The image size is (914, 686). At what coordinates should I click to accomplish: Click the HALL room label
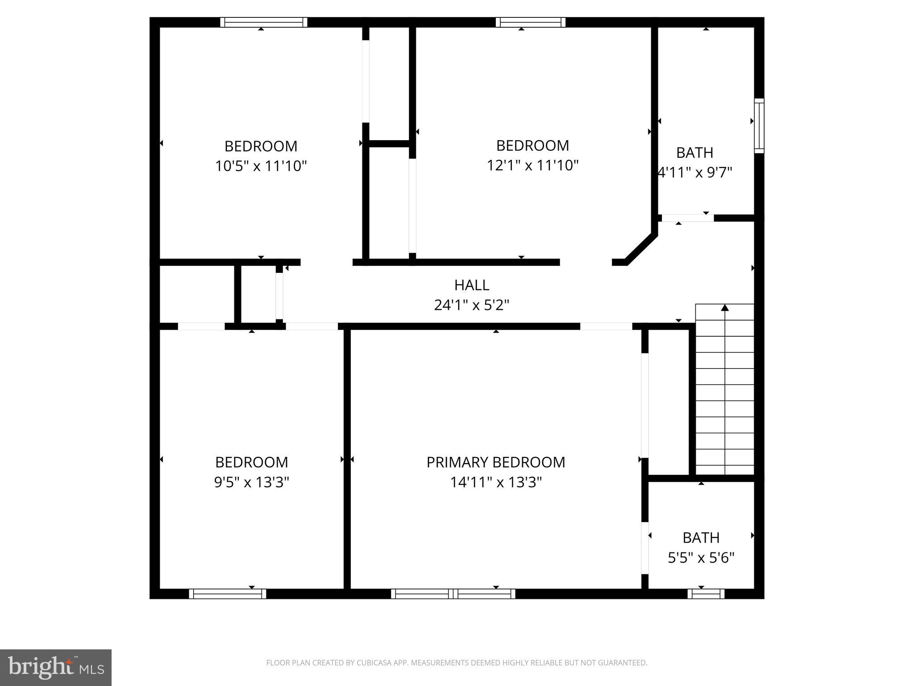tap(471, 285)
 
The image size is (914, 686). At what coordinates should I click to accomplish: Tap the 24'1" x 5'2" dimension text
tap(471, 305)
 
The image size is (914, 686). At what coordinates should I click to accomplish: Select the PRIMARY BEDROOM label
tap(495, 462)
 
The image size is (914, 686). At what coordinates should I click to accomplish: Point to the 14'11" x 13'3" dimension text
tap(495, 482)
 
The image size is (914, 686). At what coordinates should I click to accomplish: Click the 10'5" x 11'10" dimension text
tap(261, 166)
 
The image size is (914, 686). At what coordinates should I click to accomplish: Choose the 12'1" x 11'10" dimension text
tap(532, 165)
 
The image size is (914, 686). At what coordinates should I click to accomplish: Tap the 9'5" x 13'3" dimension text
tap(251, 482)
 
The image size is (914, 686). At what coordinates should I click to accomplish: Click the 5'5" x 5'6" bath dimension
tap(701, 558)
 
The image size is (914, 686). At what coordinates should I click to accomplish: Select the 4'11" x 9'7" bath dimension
tap(695, 172)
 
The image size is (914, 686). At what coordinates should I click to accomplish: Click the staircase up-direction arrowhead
tap(725, 308)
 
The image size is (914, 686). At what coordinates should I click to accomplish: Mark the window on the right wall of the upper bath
tap(759, 125)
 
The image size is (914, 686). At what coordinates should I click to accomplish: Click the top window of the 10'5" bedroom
tap(264, 22)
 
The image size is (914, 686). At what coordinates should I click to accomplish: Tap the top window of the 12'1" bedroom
tap(530, 22)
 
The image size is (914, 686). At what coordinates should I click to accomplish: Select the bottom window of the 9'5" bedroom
tap(228, 594)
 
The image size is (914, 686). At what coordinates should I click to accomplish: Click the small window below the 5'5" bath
tap(706, 594)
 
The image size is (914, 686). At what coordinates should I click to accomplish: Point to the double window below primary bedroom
tap(453, 594)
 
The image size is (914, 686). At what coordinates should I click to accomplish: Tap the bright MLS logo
tap(55, 667)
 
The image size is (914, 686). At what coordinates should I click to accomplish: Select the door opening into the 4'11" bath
tap(687, 218)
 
